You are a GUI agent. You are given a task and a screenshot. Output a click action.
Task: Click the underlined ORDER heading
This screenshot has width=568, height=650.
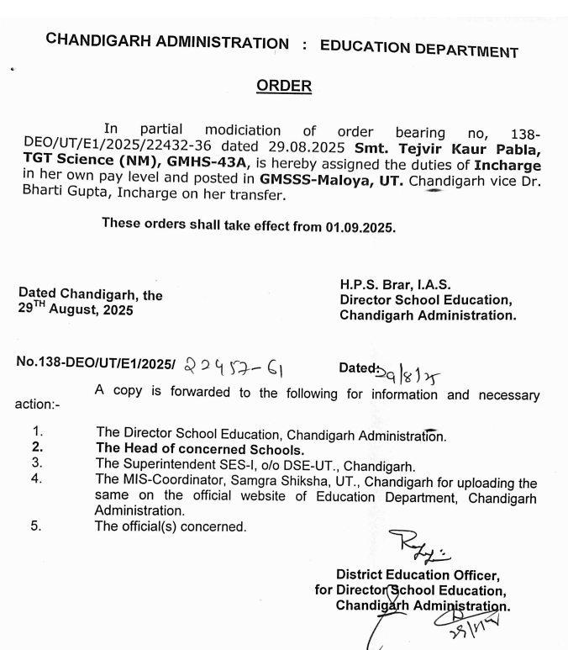point(283,86)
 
